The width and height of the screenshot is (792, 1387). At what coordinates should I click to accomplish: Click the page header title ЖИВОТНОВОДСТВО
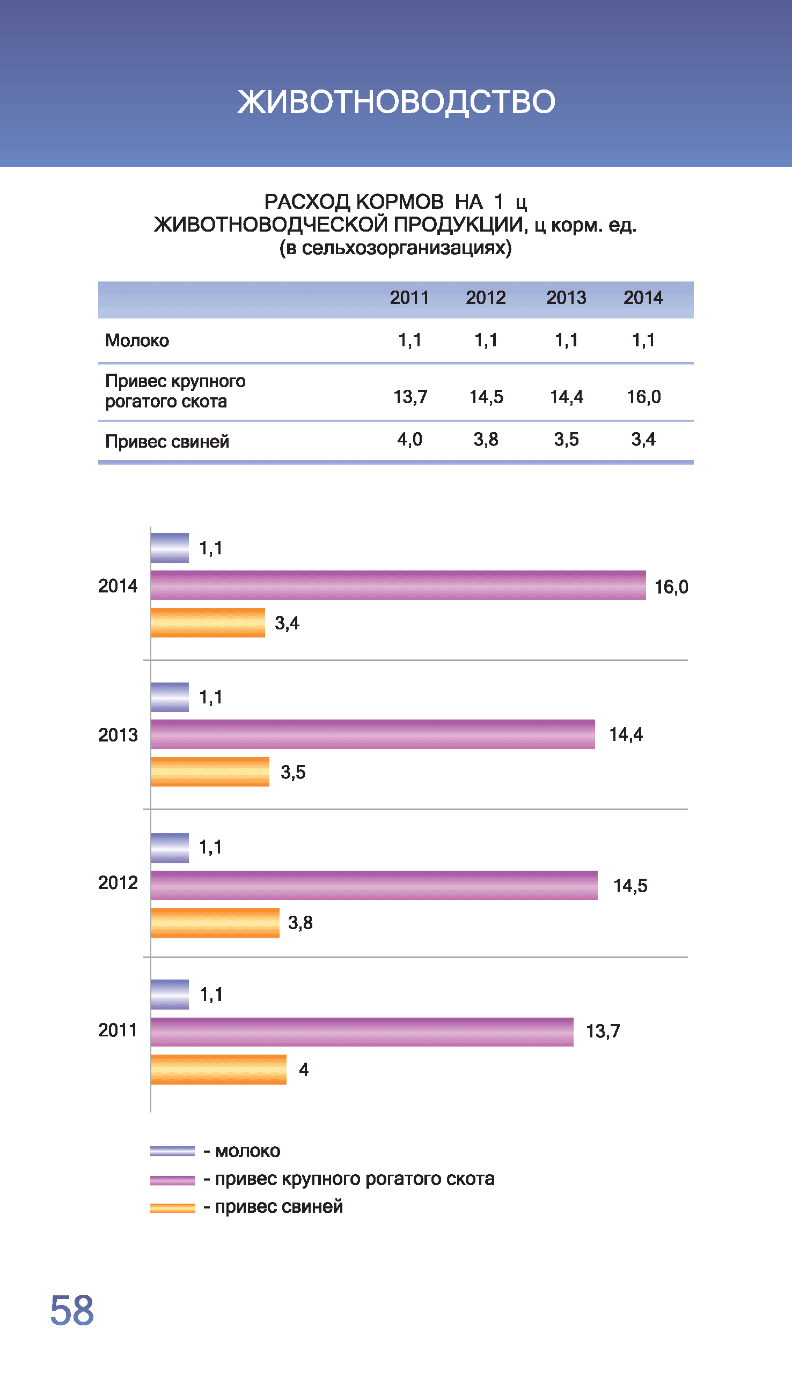coord(396,102)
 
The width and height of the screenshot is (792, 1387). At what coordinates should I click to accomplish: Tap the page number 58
coord(72,1310)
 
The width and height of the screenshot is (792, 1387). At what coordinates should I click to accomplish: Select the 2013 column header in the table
coord(566,298)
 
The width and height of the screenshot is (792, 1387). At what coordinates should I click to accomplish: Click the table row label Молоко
coord(137,341)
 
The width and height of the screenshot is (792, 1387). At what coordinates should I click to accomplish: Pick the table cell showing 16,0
coord(643,397)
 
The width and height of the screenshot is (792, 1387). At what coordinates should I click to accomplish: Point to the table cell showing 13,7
coord(410,397)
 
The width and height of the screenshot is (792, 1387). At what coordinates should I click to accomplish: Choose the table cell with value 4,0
coord(409,439)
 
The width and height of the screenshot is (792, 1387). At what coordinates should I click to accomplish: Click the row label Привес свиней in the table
coord(167,441)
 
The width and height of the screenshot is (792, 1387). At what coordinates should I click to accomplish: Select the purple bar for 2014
coord(398,585)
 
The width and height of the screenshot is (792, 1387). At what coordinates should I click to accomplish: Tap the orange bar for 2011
coord(219,1070)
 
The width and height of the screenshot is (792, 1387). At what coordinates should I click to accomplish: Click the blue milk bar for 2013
coord(170,698)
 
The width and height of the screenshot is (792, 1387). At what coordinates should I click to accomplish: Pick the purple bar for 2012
coord(374,885)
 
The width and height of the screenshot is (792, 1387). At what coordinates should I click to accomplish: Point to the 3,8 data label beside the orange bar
coord(300,923)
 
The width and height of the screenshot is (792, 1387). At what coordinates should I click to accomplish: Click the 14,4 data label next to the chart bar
coord(626,735)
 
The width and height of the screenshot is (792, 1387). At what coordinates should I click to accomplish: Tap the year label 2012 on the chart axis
coord(118,883)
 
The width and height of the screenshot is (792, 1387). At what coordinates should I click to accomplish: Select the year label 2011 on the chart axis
coord(118,1030)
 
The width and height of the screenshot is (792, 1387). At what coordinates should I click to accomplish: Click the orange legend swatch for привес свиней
coord(172,1207)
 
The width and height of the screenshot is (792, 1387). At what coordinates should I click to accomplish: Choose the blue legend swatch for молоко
coord(172,1151)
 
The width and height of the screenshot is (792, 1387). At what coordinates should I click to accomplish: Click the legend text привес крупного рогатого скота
coord(355,1179)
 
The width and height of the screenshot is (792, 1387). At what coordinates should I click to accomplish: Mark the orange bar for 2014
coord(208,623)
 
